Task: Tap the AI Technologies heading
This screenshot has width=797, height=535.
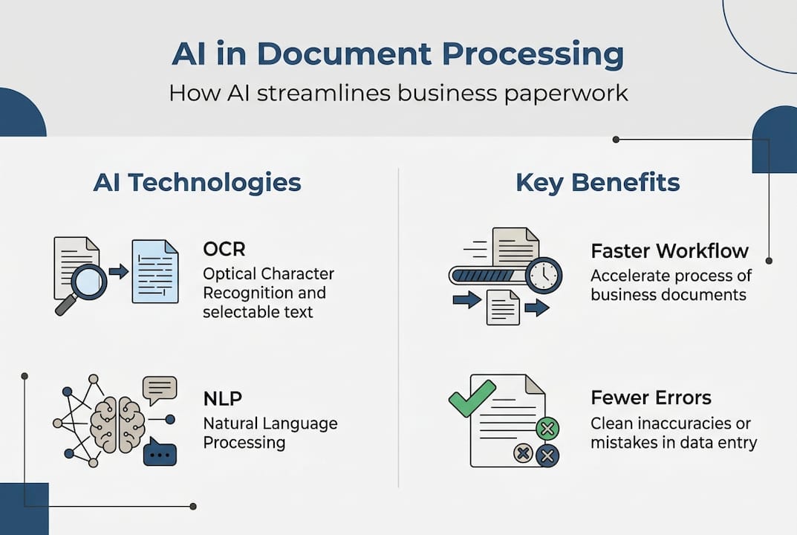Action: (197, 182)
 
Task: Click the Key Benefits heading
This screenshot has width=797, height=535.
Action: (598, 182)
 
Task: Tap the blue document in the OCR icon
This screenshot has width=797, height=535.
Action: (154, 272)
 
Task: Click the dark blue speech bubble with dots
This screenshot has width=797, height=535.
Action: (160, 451)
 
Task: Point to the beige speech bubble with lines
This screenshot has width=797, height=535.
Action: (160, 389)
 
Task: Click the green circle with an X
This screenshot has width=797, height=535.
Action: (547, 429)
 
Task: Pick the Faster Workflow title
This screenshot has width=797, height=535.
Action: (670, 250)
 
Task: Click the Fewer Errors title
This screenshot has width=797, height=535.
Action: (651, 398)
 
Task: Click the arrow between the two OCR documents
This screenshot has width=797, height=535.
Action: (118, 271)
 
